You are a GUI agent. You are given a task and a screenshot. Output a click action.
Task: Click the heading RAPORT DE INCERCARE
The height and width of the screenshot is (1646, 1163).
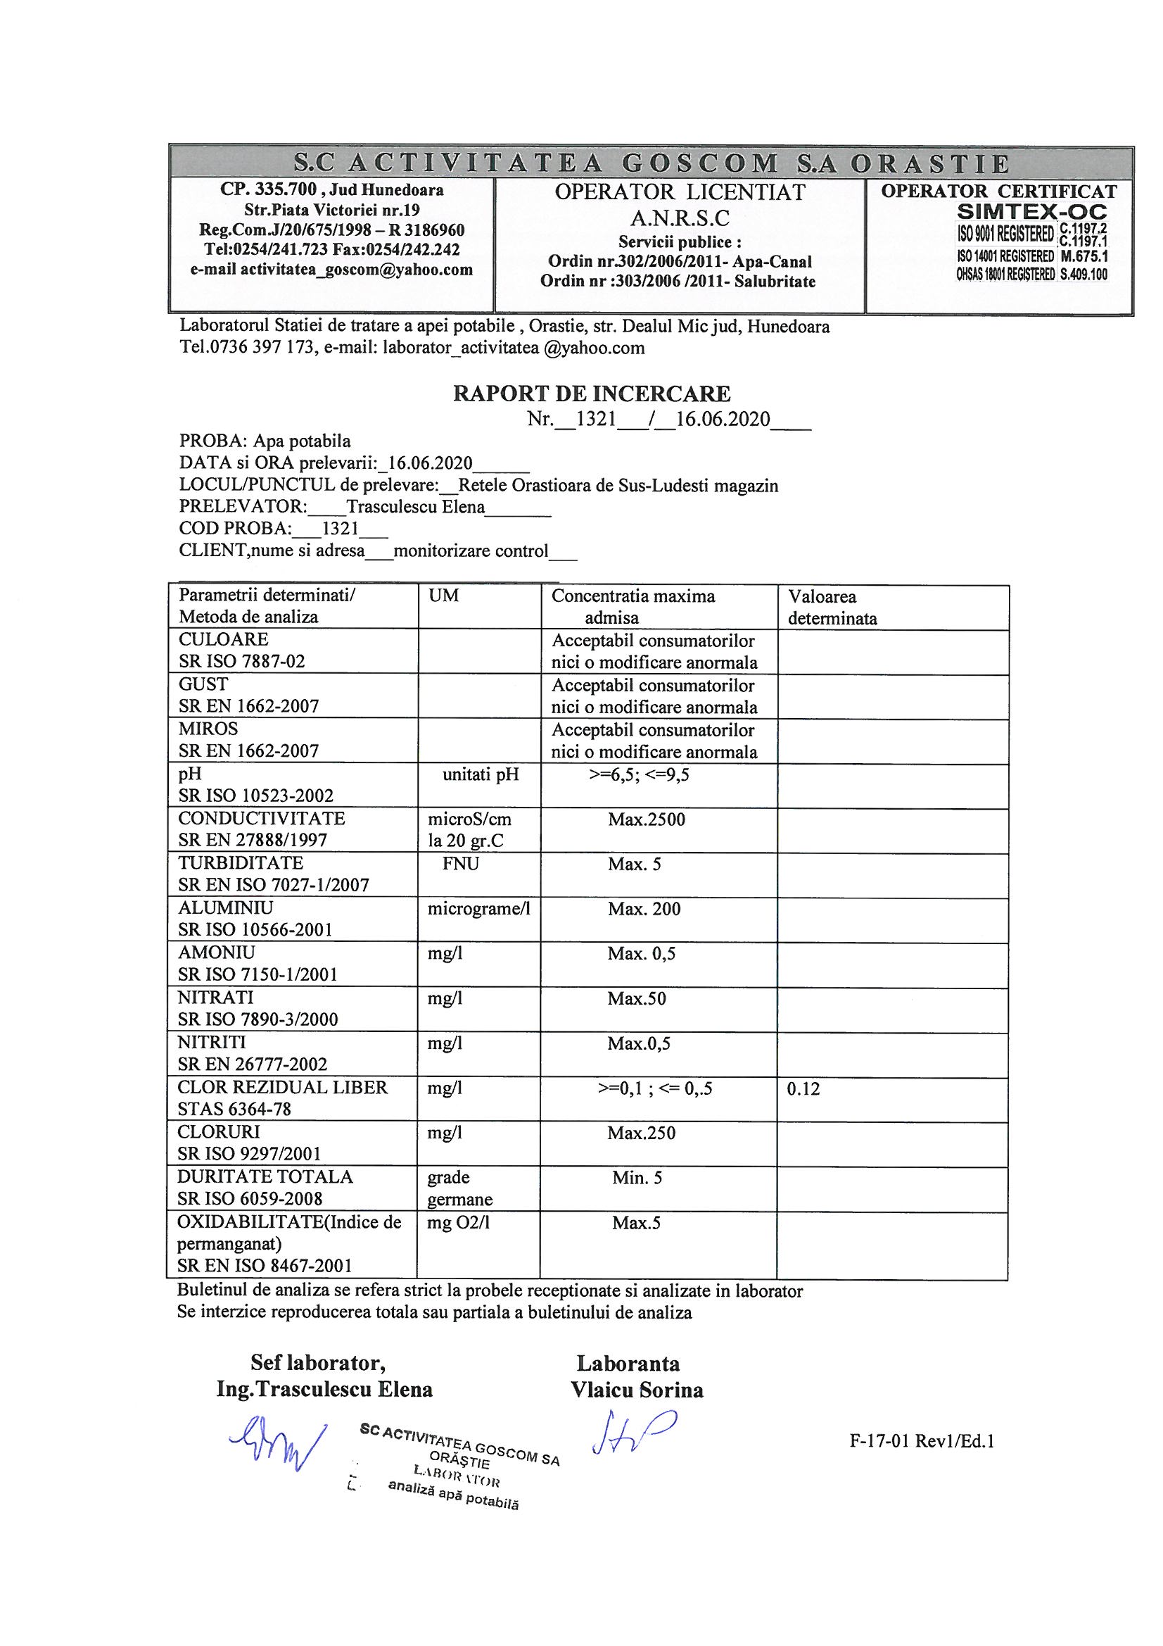tap(591, 394)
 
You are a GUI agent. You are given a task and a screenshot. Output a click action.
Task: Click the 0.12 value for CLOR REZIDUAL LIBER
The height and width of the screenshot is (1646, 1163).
tap(803, 1089)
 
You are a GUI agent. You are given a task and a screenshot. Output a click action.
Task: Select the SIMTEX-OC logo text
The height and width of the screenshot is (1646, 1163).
tap(1032, 212)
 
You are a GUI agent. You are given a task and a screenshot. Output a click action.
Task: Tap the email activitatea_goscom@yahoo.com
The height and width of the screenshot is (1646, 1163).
tap(331, 270)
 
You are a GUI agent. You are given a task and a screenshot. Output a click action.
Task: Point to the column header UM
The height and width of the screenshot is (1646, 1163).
tap(443, 596)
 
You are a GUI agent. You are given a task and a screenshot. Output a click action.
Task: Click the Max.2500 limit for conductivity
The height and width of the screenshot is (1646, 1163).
tap(647, 819)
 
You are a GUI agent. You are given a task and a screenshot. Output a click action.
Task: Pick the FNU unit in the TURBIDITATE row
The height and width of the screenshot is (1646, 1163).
tap(460, 864)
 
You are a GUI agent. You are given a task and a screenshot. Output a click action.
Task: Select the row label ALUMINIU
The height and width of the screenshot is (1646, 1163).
tap(226, 908)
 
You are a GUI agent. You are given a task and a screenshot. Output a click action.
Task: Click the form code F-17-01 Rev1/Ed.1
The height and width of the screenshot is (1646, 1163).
tap(922, 1442)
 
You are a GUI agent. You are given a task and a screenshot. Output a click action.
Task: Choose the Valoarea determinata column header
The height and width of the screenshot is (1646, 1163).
tap(831, 607)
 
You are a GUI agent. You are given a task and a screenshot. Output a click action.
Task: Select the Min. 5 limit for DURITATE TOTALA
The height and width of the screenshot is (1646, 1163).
tap(637, 1178)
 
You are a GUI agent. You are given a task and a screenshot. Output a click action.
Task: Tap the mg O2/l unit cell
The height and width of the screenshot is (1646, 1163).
tap(458, 1223)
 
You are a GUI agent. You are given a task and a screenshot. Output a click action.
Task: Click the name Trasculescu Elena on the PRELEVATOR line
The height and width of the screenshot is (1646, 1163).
tap(415, 507)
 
